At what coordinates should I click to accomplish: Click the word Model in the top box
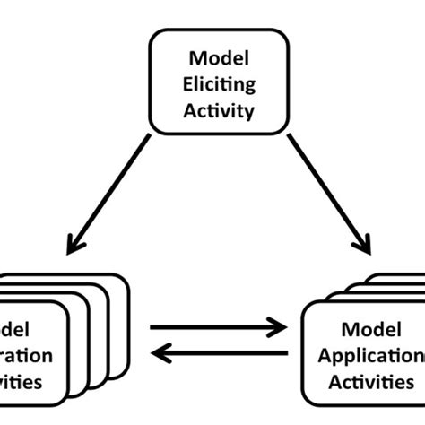coord(213,58)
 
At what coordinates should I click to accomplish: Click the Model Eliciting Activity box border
coord(213,30)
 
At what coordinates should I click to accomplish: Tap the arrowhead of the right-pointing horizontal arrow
coord(278,329)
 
